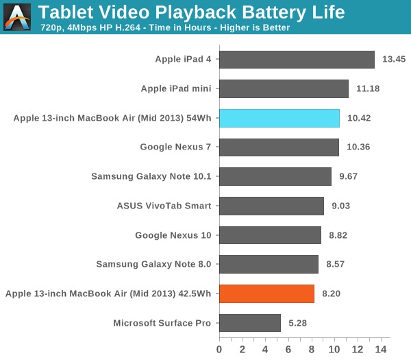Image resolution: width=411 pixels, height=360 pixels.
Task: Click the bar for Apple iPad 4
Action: [297, 60]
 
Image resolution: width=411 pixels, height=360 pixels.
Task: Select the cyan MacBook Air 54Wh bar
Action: [279, 118]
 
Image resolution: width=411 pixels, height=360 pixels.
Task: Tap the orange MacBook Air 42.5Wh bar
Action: [266, 293]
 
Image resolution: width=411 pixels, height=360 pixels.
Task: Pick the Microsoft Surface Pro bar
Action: [249, 323]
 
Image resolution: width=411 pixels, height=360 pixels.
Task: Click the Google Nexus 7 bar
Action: [279, 147]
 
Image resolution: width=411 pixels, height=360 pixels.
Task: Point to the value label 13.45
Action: [394, 60]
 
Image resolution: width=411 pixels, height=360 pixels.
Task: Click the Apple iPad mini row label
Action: [176, 88]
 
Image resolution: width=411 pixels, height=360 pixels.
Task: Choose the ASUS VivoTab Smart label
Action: [164, 206]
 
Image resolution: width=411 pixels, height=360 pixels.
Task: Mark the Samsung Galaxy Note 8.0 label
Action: [153, 264]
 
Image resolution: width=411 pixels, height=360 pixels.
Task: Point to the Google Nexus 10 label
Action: [173, 235]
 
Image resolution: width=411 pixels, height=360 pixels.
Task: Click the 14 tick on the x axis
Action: [382, 349]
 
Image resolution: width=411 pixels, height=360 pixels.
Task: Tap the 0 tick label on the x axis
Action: [219, 349]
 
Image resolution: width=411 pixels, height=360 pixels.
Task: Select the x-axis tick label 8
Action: [312, 349]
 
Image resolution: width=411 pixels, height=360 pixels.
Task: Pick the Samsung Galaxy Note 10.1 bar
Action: [275, 176]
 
